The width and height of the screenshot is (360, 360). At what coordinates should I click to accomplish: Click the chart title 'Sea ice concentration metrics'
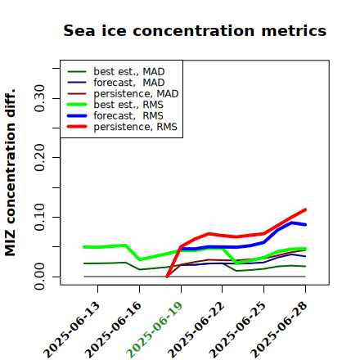point(195,30)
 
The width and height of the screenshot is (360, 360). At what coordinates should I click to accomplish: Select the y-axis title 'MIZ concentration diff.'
point(10,173)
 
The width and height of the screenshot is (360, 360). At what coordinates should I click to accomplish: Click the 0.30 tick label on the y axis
point(40,98)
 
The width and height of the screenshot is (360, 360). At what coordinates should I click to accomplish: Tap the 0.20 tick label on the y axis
point(40,157)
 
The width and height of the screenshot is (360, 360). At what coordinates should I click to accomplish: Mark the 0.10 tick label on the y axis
point(40,217)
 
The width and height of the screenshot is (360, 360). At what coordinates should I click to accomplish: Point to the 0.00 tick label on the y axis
point(40,277)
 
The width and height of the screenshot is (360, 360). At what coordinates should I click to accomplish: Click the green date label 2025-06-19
point(155,330)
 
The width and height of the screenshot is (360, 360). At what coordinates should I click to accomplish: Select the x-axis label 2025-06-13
point(71,330)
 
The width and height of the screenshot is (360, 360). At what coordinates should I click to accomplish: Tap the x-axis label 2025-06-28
point(279,330)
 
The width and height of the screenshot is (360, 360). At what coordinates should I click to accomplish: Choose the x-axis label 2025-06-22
point(196,330)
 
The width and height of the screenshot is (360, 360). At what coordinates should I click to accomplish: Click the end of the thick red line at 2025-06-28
point(305,209)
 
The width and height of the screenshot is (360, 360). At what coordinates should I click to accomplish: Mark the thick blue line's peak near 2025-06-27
point(292,223)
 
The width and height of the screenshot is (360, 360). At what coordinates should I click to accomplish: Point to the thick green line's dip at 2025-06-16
point(140,259)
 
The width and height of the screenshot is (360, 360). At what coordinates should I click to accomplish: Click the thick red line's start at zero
point(167,277)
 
